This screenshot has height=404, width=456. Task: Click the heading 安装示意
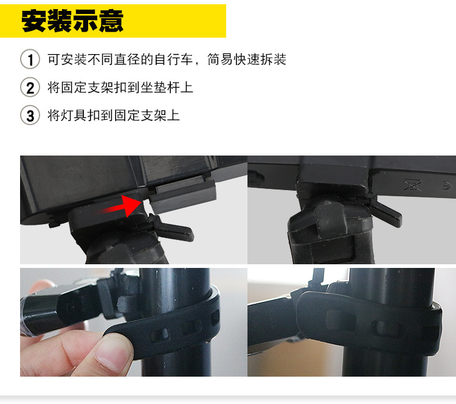click(72, 21)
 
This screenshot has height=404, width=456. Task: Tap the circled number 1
click(30, 60)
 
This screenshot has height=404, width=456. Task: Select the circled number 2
click(30, 87)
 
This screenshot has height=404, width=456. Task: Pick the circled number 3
click(30, 115)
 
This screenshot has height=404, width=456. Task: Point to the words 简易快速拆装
click(247, 60)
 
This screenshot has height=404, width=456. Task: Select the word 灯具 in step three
click(74, 115)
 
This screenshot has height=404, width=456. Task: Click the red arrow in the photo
click(119, 207)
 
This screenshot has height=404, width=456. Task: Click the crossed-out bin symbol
click(413, 185)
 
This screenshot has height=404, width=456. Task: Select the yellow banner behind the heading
click(113, 21)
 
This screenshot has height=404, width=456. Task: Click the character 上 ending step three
click(173, 115)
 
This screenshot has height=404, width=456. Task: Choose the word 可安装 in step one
click(67, 60)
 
